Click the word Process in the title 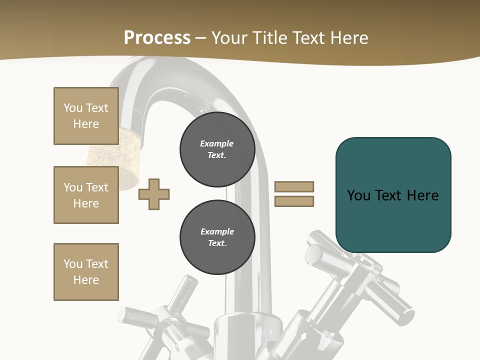click(157, 37)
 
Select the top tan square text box click(86, 116)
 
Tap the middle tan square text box click(86, 195)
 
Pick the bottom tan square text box click(86, 272)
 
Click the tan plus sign click(154, 194)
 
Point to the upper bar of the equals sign click(294, 186)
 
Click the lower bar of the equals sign click(294, 201)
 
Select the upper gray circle click(217, 149)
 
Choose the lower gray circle click(217, 237)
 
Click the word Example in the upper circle click(217, 143)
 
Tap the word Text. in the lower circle click(217, 243)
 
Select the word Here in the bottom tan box click(86, 280)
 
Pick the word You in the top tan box click(73, 108)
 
